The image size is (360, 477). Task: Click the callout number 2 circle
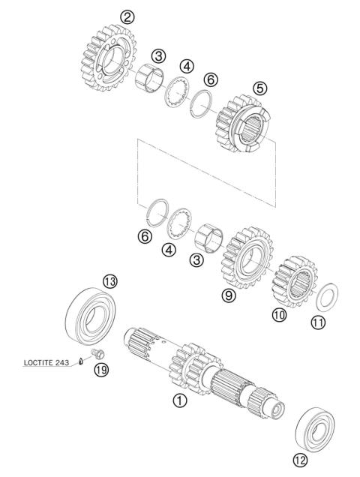tap(128, 16)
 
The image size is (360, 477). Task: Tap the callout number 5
tap(260, 87)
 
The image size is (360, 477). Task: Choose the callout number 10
tap(280, 316)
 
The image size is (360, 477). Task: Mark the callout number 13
tap(110, 281)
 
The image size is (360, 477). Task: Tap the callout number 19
tap(99, 368)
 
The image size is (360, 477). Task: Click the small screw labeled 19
tap(95, 352)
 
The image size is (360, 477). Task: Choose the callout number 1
tap(178, 400)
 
